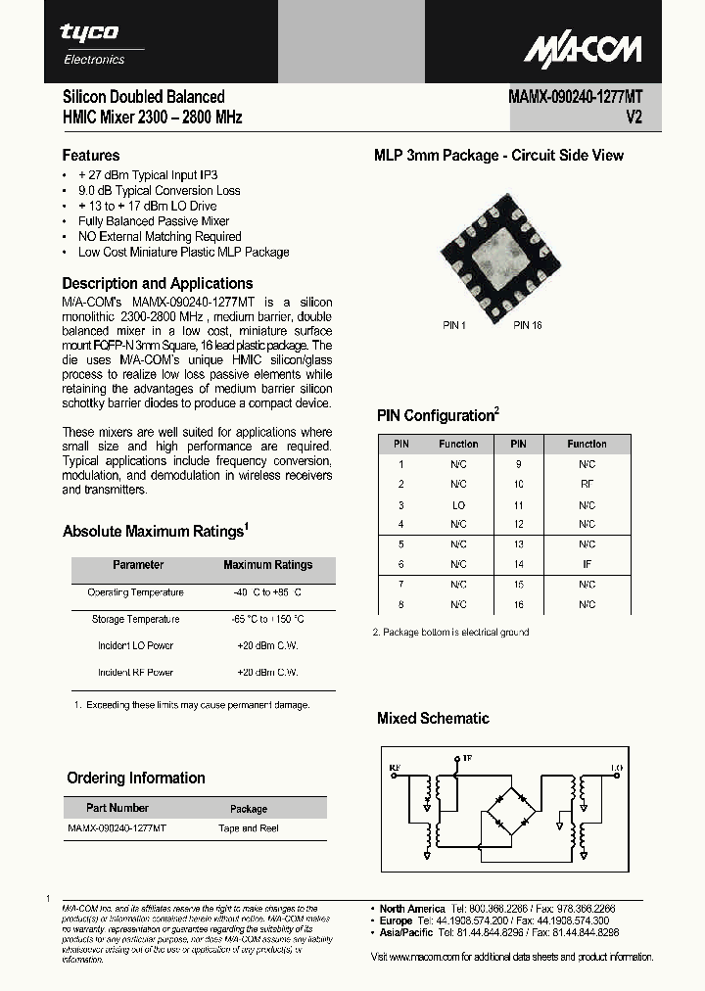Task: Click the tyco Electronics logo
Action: pyautogui.click(x=94, y=43)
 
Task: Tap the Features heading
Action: pyautogui.click(x=91, y=155)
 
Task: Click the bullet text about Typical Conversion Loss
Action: pyautogui.click(x=159, y=190)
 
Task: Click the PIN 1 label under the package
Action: pyautogui.click(x=454, y=325)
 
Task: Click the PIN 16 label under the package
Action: pyautogui.click(x=527, y=325)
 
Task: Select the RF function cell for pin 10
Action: pyautogui.click(x=587, y=484)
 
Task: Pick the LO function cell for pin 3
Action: pyautogui.click(x=458, y=505)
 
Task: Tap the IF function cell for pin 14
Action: pyautogui.click(x=587, y=564)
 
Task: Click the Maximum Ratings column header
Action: pyautogui.click(x=267, y=565)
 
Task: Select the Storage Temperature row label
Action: pyautogui.click(x=135, y=619)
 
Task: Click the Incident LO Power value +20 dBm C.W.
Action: pyautogui.click(x=267, y=645)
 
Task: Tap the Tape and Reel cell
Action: pyautogui.click(x=249, y=828)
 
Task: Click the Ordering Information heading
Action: pyautogui.click(x=136, y=779)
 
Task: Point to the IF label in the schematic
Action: pyautogui.click(x=467, y=758)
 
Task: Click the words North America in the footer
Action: pyautogui.click(x=412, y=909)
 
